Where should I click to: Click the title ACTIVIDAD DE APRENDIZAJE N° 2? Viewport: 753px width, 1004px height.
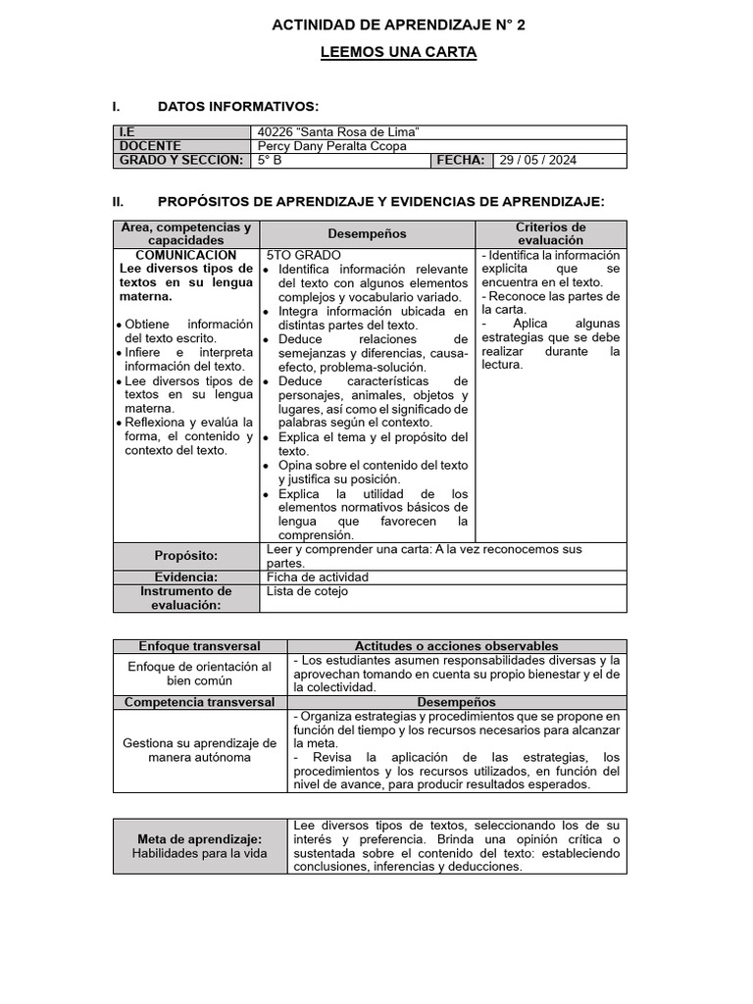pos(398,25)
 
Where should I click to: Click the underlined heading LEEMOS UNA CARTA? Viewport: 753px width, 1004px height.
pos(398,52)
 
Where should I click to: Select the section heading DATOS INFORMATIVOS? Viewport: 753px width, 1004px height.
pos(237,106)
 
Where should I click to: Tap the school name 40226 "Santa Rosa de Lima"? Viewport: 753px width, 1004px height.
pos(338,132)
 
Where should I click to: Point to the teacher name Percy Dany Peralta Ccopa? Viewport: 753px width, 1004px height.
pos(331,146)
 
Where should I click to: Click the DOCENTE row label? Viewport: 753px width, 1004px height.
pos(150,146)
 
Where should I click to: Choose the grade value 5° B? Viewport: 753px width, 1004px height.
pos(270,160)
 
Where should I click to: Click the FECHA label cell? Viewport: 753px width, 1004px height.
pos(461,160)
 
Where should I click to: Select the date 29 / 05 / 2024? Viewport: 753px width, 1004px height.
pos(537,160)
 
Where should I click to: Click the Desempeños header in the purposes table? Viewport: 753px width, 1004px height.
pos(368,233)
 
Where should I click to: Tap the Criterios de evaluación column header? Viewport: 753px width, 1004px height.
pos(550,233)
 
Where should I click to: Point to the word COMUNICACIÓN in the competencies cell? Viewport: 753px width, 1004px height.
pos(185,255)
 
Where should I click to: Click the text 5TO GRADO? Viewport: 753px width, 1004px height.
pos(303,255)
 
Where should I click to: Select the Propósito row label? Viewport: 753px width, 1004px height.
pos(186,556)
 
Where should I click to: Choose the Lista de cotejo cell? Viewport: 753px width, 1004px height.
pos(307,591)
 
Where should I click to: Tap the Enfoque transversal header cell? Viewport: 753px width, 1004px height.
pos(199,646)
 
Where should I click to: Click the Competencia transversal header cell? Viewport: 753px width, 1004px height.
pos(200,702)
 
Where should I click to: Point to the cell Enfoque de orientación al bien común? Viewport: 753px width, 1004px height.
pos(199,674)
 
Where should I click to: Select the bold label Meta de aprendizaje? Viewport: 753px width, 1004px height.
pos(199,839)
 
